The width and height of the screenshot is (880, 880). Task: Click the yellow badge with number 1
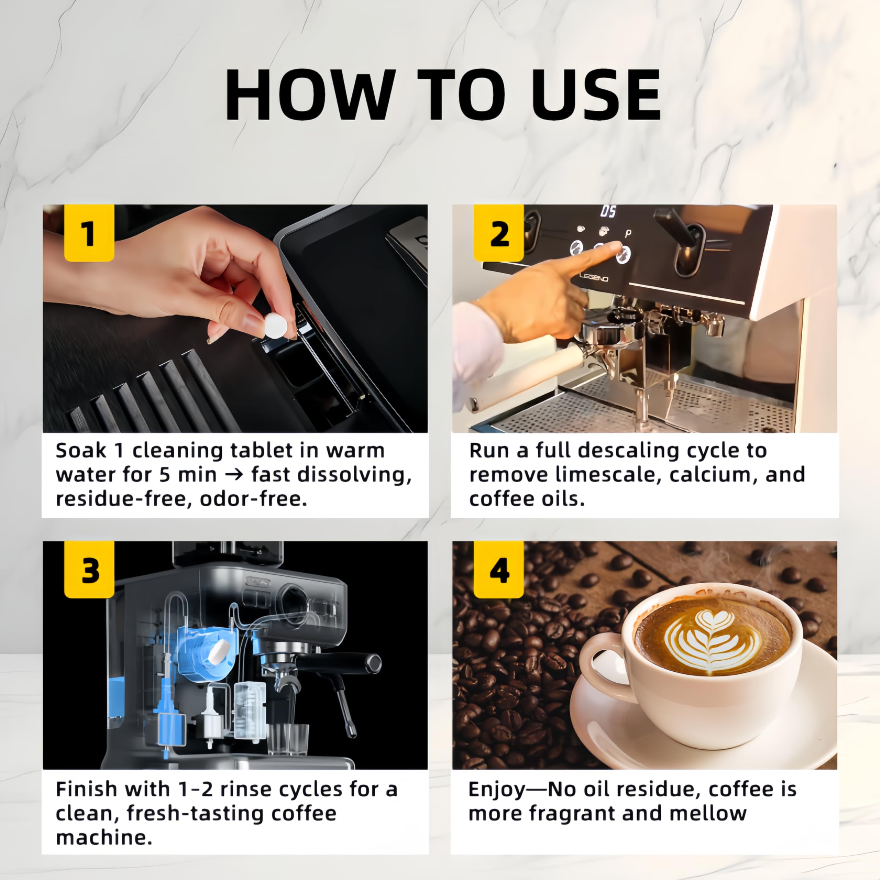89,233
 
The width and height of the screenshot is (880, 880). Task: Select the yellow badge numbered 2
498,233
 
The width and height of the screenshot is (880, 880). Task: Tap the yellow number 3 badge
89,570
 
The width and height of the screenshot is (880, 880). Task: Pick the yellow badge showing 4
498,570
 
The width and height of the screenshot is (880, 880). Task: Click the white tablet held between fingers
276,325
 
